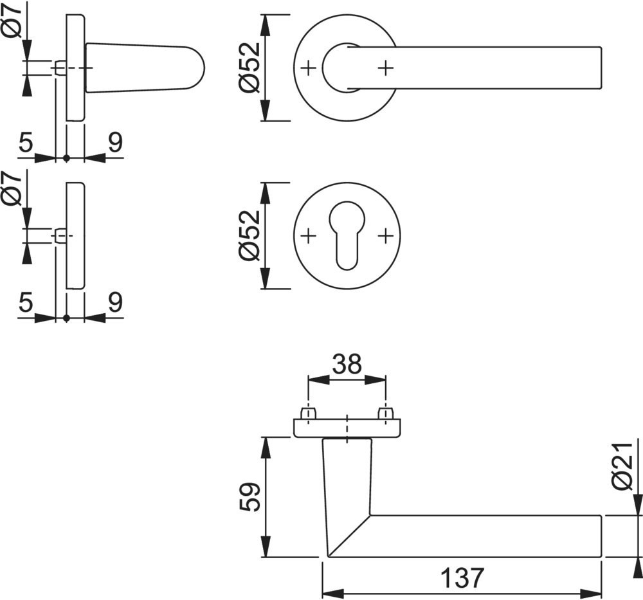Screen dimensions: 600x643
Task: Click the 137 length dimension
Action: (x=461, y=578)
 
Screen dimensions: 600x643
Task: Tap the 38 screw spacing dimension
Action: (x=347, y=365)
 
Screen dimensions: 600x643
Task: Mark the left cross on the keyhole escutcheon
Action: (x=309, y=236)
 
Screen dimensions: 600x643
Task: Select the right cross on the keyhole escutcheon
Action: (x=385, y=236)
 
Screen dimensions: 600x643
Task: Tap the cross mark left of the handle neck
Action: (x=309, y=67)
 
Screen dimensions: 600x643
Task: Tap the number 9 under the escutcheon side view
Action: (x=114, y=303)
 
